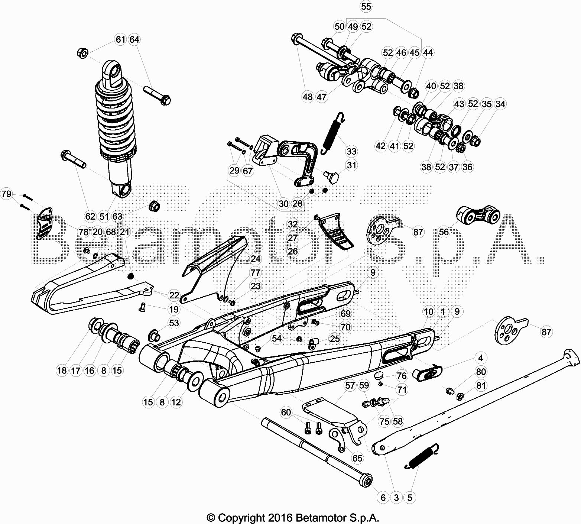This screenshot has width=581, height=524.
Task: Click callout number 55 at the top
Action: tap(366, 7)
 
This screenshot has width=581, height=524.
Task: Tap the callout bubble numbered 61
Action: tap(120, 39)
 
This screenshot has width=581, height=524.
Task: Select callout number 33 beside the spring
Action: tap(351, 151)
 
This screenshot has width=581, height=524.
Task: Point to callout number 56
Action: tap(444, 232)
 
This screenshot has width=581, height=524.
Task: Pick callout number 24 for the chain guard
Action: tap(256, 259)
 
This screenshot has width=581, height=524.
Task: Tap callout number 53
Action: tap(174, 323)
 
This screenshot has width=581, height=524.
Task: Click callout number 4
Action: tap(481, 358)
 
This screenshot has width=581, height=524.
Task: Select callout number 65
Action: tap(357, 458)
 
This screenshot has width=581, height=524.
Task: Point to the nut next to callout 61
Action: tap(82, 53)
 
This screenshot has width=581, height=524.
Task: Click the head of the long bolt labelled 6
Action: tap(367, 481)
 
